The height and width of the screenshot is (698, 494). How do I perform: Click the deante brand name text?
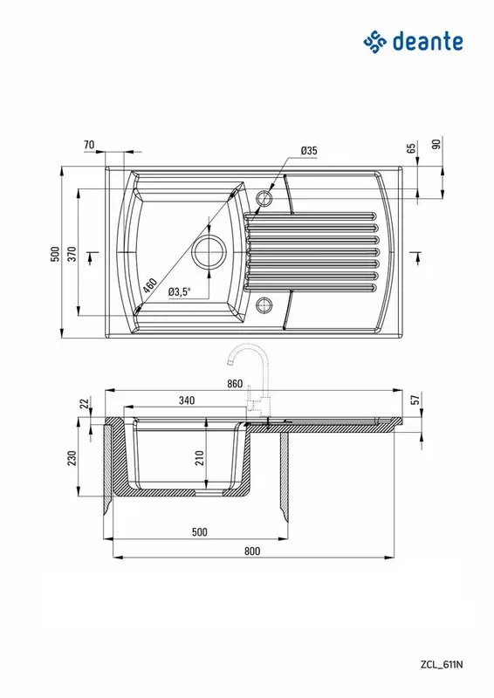pyautogui.click(x=428, y=42)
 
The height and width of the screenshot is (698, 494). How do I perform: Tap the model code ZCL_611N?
pyautogui.click(x=442, y=665)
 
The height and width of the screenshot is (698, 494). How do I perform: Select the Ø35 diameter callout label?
pyautogui.click(x=309, y=150)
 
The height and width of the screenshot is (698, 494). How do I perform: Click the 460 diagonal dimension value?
pyautogui.click(x=150, y=285)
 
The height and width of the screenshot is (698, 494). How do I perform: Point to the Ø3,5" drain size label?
pyautogui.click(x=180, y=292)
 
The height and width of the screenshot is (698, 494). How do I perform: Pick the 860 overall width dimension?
pyautogui.click(x=235, y=384)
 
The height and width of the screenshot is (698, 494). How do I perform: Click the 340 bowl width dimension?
pyautogui.click(x=187, y=400)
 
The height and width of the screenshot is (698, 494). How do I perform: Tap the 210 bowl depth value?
pyautogui.click(x=200, y=458)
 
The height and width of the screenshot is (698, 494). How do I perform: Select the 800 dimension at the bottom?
pyautogui.click(x=252, y=551)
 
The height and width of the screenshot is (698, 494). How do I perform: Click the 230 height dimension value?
pyautogui.click(x=72, y=458)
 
